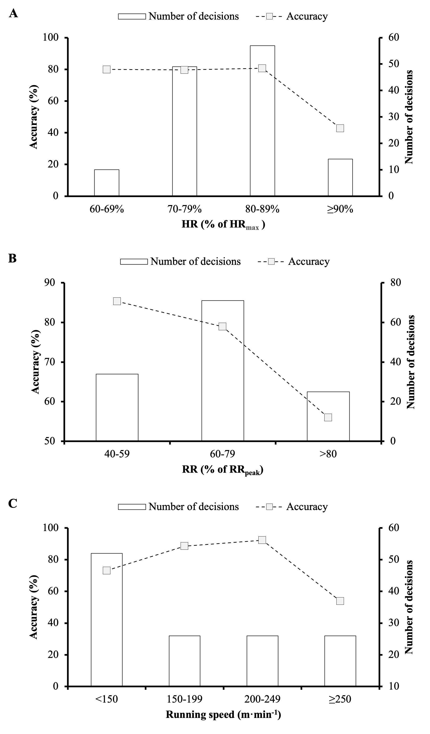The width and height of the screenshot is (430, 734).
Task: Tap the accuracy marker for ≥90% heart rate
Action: coord(340,129)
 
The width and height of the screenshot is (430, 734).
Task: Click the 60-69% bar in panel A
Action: coord(107,183)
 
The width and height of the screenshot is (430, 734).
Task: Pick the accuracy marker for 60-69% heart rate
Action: coord(107,70)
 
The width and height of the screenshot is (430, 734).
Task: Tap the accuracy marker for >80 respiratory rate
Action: coord(328,417)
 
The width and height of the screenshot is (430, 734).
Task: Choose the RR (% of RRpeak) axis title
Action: coord(222,470)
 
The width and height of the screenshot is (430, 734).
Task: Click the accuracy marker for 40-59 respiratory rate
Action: coord(117,301)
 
